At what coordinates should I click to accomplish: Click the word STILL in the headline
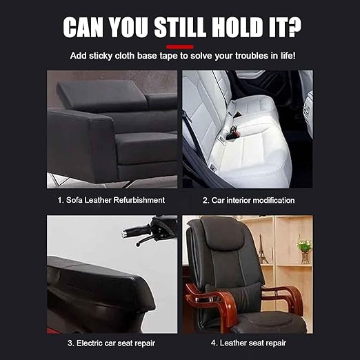[x=180, y=27]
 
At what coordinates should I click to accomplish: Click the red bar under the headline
[x=180, y=47]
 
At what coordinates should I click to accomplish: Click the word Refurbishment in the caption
[x=139, y=200]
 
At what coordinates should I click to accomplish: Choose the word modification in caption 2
[x=274, y=201]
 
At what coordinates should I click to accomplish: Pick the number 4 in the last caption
[x=214, y=343]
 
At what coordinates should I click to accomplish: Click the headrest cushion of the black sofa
[x=101, y=95]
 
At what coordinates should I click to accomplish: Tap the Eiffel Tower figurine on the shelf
[x=262, y=249]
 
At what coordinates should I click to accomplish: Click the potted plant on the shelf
[x=305, y=250]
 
